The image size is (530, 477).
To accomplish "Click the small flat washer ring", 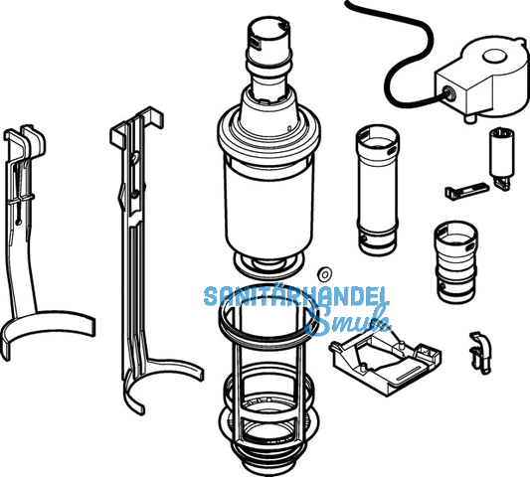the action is pyautogui.click(x=325, y=273).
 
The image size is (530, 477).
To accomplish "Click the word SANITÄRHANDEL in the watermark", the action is pyautogui.click(x=296, y=296).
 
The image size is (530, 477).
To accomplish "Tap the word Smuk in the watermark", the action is pyautogui.click(x=348, y=321).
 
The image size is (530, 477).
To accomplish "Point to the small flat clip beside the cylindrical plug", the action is pyautogui.click(x=466, y=191).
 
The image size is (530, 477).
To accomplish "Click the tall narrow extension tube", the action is pyautogui.click(x=377, y=190).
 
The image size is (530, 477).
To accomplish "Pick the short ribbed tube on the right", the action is pyautogui.click(x=456, y=262).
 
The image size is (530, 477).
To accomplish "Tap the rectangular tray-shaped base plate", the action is pyautogui.click(x=386, y=362).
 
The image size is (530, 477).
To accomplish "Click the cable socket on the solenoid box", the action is pyautogui.click(x=449, y=91).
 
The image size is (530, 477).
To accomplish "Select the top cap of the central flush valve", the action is pyautogui.click(x=269, y=41).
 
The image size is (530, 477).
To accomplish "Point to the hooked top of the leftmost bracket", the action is pyautogui.click(x=25, y=142).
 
